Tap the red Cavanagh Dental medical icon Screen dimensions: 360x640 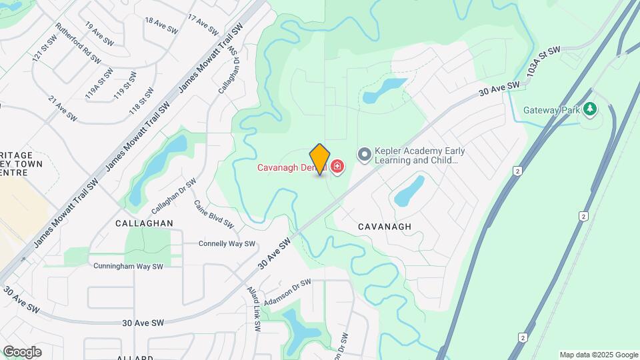point(337,166)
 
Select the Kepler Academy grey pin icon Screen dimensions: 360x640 point(364,155)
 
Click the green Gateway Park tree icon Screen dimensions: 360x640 point(589,109)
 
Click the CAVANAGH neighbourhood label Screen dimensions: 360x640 point(385,227)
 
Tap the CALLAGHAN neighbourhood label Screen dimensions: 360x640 point(144,223)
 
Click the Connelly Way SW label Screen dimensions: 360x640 point(227,244)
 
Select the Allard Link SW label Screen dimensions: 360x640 point(254,309)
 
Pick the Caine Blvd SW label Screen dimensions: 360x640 point(213,213)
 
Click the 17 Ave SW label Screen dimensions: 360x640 point(203,25)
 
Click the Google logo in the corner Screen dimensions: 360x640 point(22,351)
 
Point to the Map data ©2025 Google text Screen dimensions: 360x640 point(599,355)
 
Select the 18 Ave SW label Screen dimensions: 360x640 point(161,26)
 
